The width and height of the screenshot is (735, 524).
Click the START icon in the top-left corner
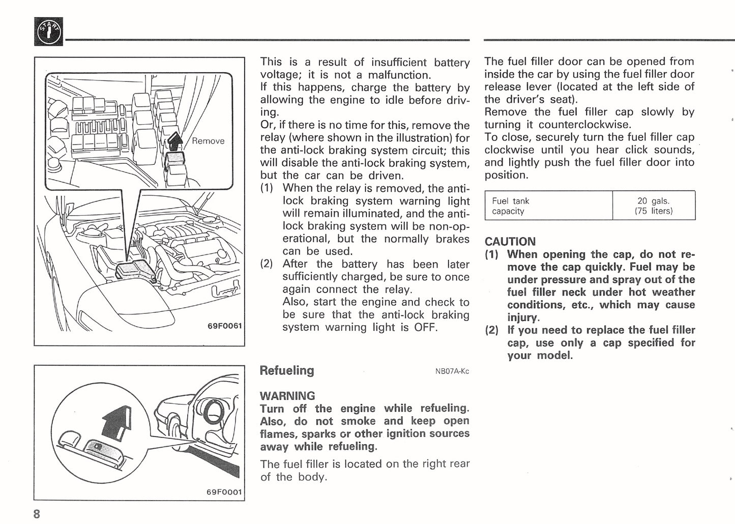[x=49, y=32]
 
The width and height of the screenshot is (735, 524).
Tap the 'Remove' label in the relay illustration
[x=208, y=141]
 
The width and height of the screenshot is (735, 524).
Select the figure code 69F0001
[x=224, y=492]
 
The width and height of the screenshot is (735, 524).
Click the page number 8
[x=37, y=514]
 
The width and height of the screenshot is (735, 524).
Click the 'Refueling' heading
[x=287, y=370]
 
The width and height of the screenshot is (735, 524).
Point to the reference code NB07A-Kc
[x=452, y=371]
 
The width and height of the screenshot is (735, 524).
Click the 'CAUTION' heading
[x=510, y=242]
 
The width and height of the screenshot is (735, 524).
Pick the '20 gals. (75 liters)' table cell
[x=654, y=206]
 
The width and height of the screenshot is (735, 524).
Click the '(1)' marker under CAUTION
[x=491, y=254]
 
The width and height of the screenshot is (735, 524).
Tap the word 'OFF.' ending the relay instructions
[x=426, y=327]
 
